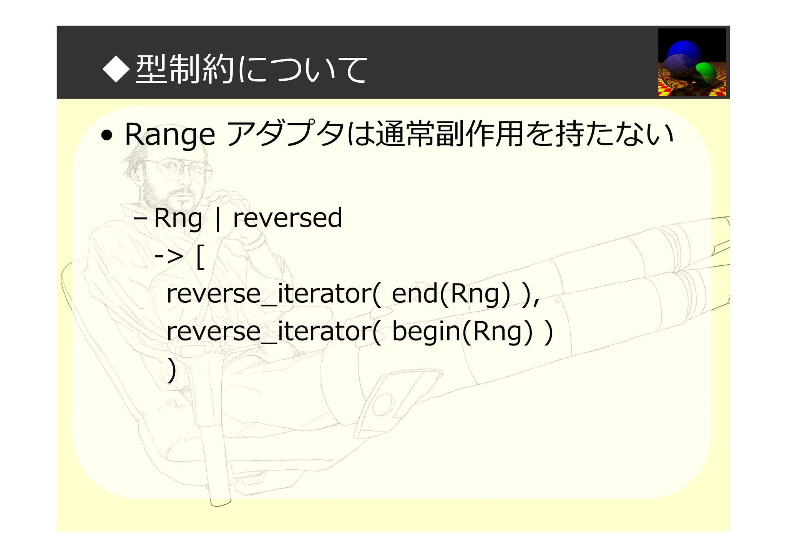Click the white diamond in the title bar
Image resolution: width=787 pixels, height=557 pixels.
(x=116, y=69)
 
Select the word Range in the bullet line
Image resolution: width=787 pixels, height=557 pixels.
(x=170, y=135)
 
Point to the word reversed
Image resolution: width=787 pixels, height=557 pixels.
(x=287, y=218)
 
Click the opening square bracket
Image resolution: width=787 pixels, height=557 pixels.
(x=200, y=258)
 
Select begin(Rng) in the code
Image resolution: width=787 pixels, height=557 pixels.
(x=463, y=332)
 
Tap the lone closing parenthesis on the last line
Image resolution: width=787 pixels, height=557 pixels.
(x=172, y=370)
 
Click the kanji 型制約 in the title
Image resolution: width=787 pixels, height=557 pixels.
(x=185, y=69)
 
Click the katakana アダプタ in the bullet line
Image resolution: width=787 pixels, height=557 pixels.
(x=286, y=134)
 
